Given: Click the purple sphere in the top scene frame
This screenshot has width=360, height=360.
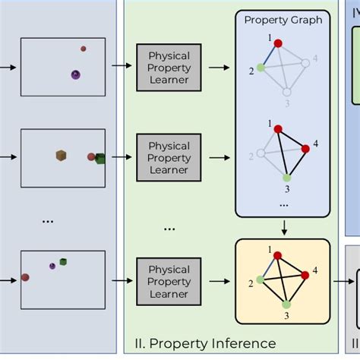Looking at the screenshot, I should [x=75, y=74].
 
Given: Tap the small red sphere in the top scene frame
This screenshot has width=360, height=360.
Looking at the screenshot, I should [x=84, y=49].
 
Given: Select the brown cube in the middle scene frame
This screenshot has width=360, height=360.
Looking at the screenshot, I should [x=61, y=156].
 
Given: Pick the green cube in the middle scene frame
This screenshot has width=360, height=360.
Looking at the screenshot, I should [x=99, y=158].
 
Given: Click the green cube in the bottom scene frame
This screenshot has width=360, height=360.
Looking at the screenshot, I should [x=65, y=262].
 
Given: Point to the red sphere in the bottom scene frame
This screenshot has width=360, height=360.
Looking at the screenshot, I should [x=25, y=277].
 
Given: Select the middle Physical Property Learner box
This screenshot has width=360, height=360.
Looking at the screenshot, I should [x=169, y=157].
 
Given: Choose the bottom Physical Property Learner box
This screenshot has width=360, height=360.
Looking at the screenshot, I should [x=169, y=281].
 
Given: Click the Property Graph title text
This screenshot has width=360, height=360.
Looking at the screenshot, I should [x=283, y=20].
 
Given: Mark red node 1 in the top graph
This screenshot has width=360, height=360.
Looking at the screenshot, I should [x=279, y=43].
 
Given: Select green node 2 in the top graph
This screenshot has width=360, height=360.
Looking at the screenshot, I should [x=261, y=68].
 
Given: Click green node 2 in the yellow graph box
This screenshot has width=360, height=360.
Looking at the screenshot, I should [x=261, y=279].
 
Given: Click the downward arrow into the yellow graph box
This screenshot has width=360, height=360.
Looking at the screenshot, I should [x=283, y=227].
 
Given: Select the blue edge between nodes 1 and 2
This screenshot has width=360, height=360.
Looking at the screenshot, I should [x=270, y=55].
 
